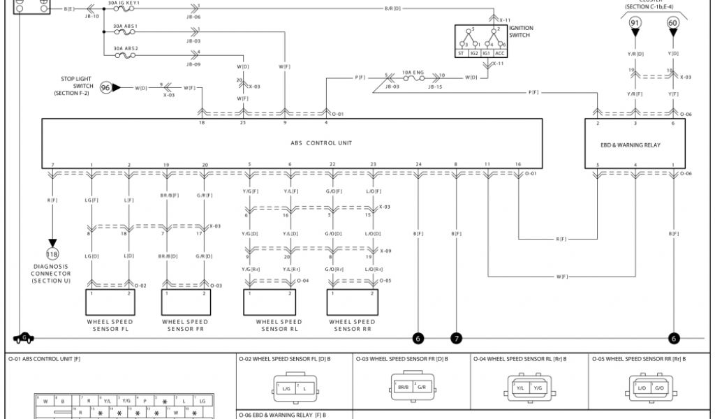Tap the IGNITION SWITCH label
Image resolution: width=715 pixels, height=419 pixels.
point(521,32)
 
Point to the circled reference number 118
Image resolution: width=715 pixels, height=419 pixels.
point(52,253)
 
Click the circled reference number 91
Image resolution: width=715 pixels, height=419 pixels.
point(635,23)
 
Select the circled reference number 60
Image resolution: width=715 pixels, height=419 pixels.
point(673,23)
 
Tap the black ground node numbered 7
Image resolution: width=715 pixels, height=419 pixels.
point(457,339)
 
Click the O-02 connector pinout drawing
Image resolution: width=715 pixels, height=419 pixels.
point(295,387)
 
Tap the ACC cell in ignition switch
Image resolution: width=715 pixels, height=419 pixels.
point(500,53)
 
